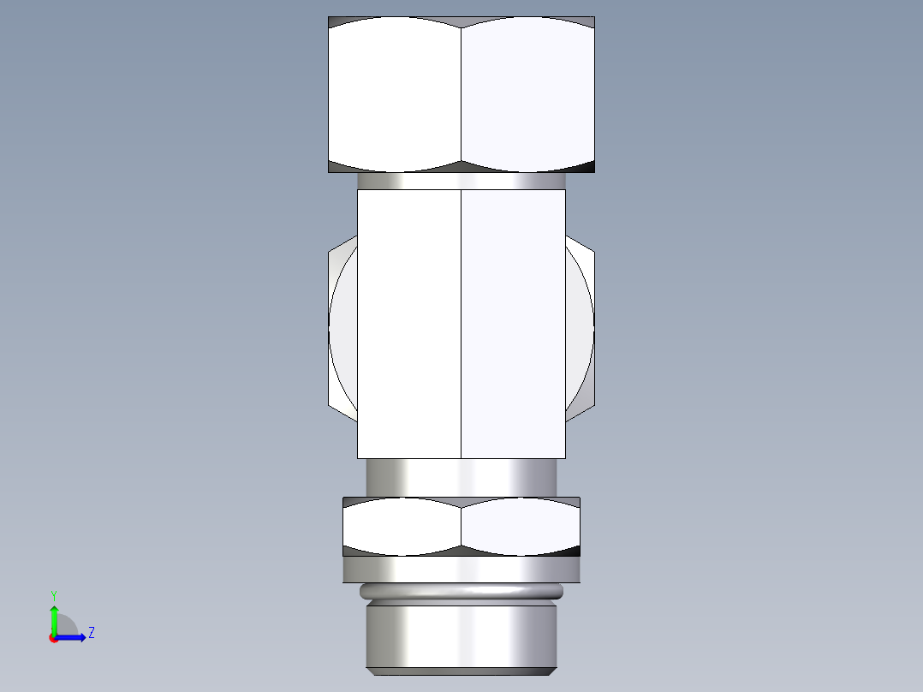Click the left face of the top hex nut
click(x=395, y=94)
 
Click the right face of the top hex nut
click(x=527, y=94)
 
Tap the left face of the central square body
click(x=408, y=324)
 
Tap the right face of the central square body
click(x=514, y=324)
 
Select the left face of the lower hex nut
click(x=402, y=527)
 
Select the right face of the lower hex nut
click(x=521, y=527)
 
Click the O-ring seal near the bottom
click(x=461, y=592)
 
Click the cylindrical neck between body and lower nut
click(x=461, y=477)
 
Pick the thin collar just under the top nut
click(x=461, y=181)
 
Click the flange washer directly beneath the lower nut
click(x=461, y=570)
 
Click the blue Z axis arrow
click(x=74, y=637)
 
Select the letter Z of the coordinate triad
click(x=91, y=633)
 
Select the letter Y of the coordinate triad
click(x=53, y=595)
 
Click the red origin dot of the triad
click(x=54, y=638)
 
